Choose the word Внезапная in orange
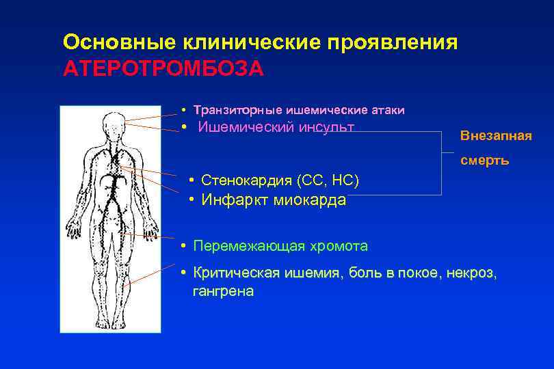coord(496,135)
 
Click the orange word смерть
coord(484,161)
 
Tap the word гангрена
coord(223,291)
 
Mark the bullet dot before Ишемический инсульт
coord(185,127)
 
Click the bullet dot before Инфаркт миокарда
coord(193,200)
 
